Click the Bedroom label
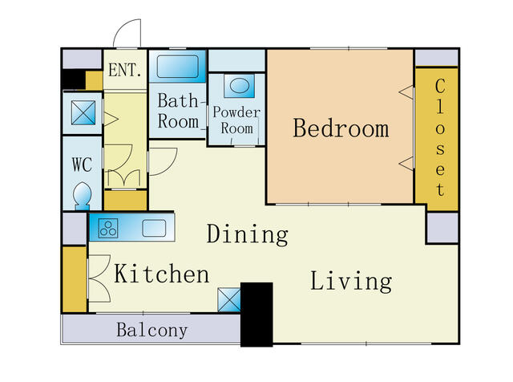click(341, 128)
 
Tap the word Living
click(351, 282)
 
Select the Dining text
click(248, 234)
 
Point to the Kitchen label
click(161, 274)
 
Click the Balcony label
click(152, 330)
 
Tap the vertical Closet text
click(440, 137)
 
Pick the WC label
click(82, 165)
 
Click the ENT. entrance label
click(125, 70)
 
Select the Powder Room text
click(236, 120)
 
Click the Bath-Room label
click(178, 111)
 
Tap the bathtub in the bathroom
click(178, 67)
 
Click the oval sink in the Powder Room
click(240, 86)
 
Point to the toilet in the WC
click(82, 196)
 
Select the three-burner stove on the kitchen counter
click(108, 228)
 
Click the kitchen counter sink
click(154, 228)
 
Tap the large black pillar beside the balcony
click(256, 314)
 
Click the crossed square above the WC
click(83, 112)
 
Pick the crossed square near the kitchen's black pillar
click(229, 300)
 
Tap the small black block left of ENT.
click(74, 79)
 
